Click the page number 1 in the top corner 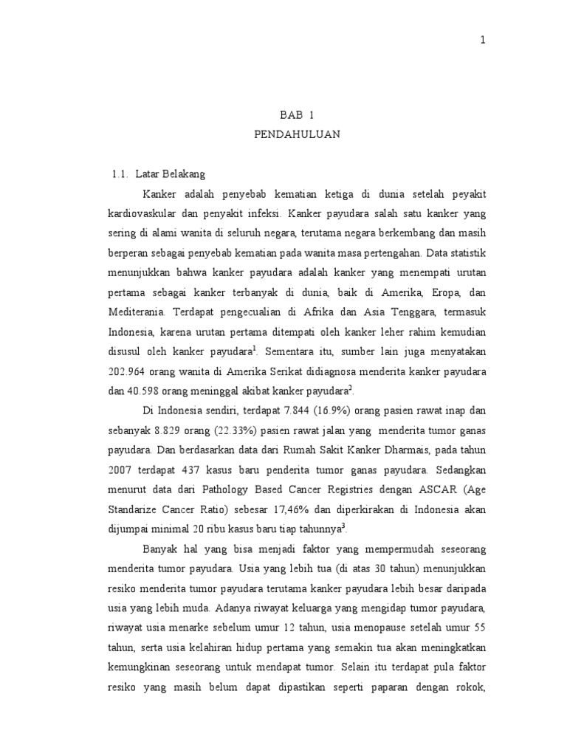click(483, 41)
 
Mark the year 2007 click(121, 468)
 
